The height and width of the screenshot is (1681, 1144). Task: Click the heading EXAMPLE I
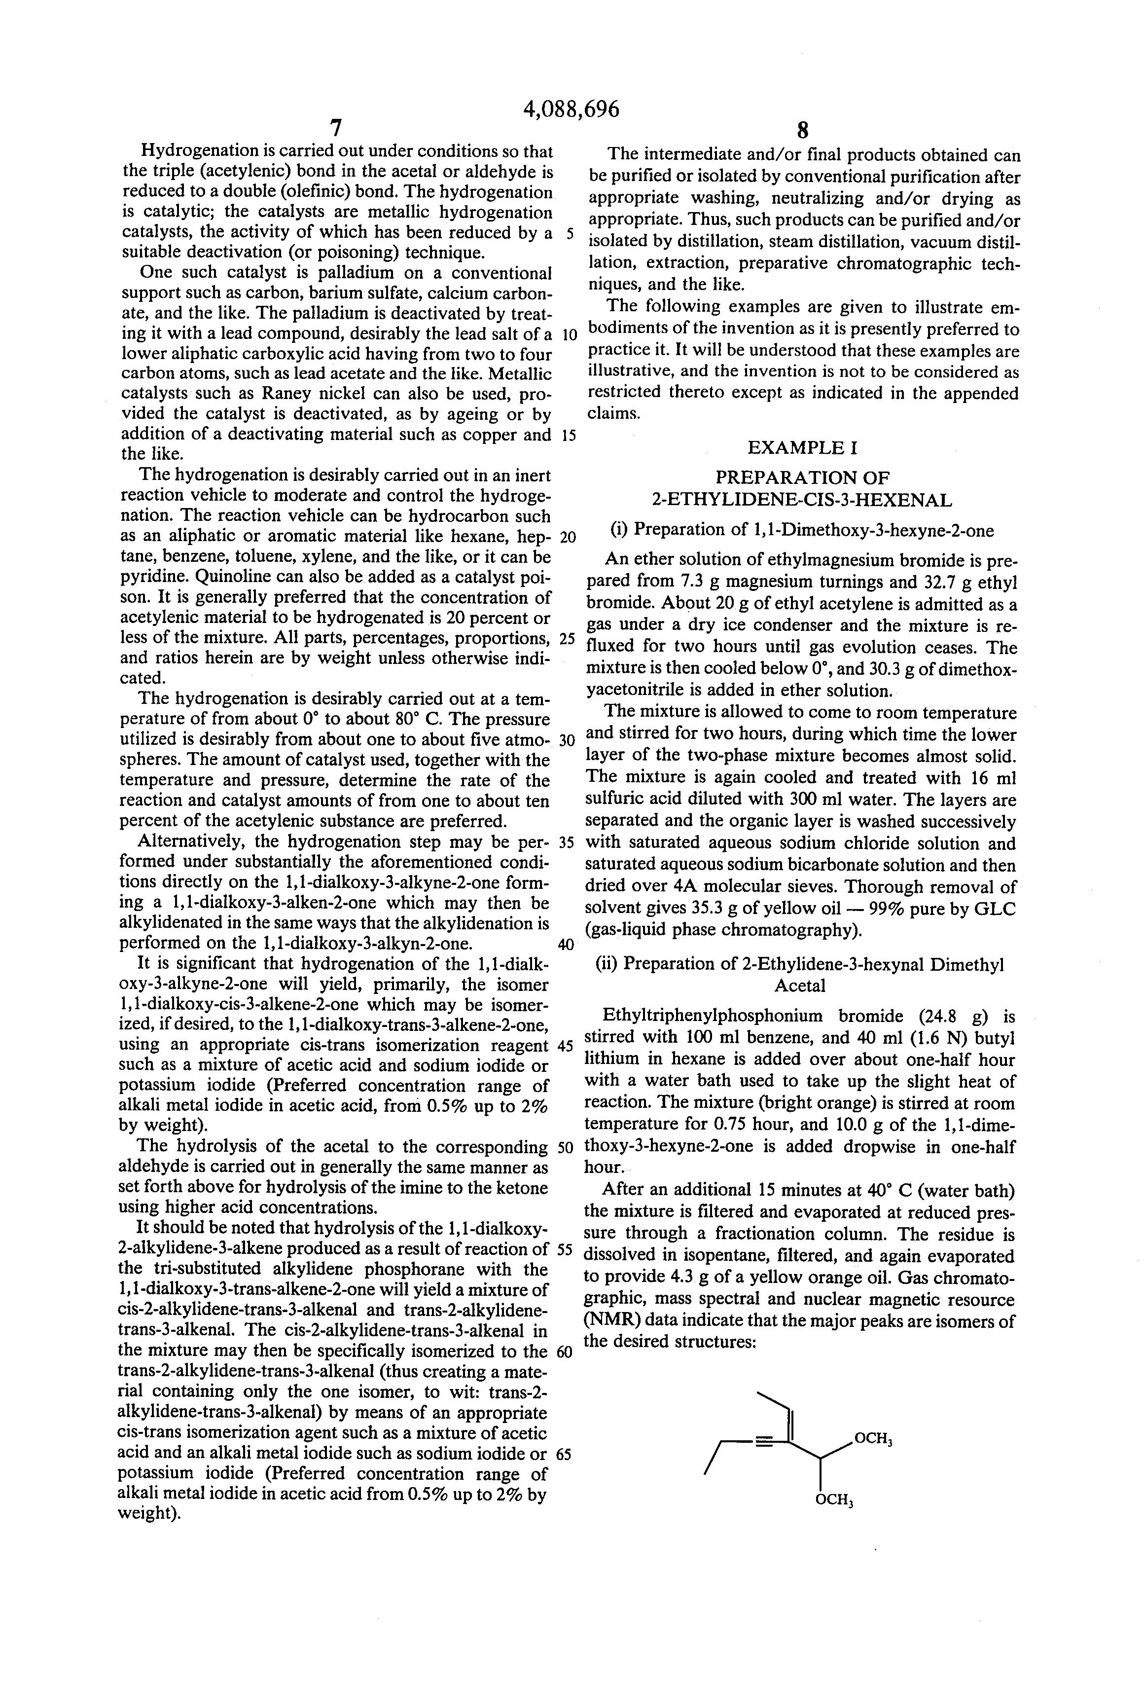(x=802, y=448)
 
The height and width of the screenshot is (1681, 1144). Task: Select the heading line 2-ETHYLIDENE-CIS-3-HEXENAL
(x=802, y=500)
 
